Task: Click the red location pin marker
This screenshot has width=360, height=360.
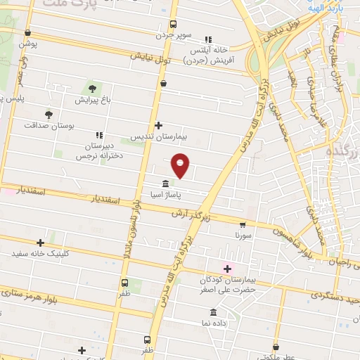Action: (181, 165)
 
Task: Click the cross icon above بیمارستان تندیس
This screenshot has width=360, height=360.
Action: (159, 124)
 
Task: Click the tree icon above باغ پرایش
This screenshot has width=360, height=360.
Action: (92, 89)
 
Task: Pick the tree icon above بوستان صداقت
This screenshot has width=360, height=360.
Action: (49, 114)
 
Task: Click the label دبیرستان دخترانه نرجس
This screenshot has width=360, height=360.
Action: (99, 149)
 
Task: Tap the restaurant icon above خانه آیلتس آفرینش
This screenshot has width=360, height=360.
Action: (207, 39)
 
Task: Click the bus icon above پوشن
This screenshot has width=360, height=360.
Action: (27, 32)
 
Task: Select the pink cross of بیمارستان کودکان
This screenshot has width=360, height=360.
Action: (226, 268)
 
